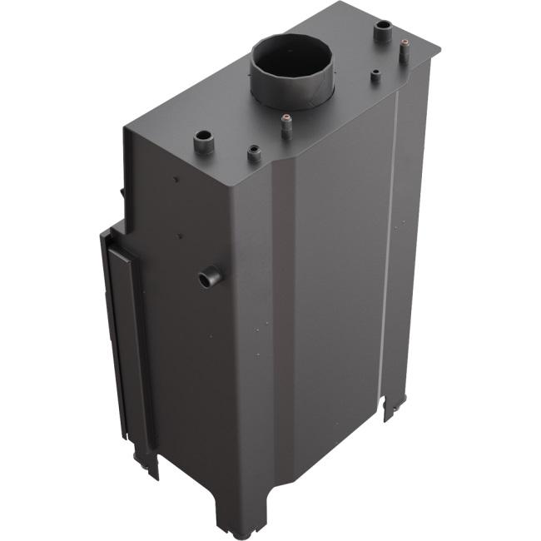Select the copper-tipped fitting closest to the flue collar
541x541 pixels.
tap(286, 124)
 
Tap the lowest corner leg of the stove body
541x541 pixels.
tap(230, 520)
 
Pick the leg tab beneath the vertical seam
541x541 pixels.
tap(393, 408)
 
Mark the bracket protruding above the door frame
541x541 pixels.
tap(122, 194)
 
